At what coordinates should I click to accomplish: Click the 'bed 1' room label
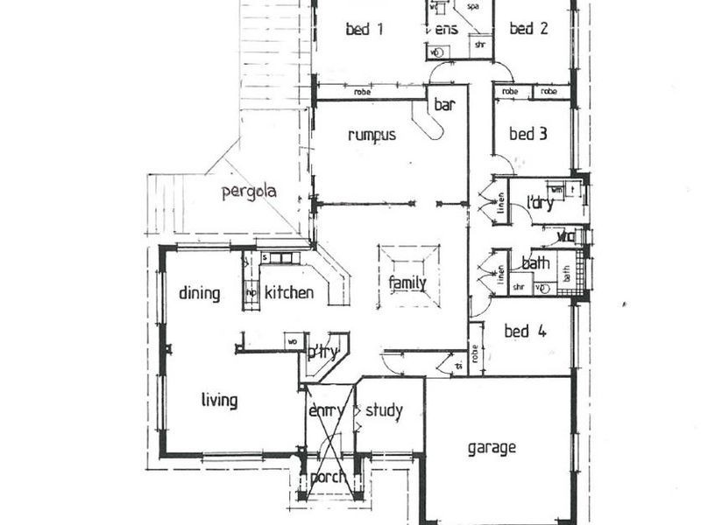(365, 30)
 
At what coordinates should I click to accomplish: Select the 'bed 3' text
(528, 135)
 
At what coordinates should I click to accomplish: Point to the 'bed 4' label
(526, 332)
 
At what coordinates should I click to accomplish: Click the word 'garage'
(491, 448)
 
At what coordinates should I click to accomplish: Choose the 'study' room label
(384, 410)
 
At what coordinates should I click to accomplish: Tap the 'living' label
(219, 401)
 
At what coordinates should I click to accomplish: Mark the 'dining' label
(200, 293)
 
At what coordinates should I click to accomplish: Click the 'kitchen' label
(288, 293)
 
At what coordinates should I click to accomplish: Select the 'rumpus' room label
(372, 136)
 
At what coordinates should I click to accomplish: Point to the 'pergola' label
(249, 192)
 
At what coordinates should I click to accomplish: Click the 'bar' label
(445, 105)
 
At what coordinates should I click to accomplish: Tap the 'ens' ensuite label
(446, 30)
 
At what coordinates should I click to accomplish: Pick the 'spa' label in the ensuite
(473, 6)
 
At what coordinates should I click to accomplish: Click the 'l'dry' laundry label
(541, 204)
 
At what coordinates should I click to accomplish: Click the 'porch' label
(328, 479)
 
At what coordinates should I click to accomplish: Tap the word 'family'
(407, 283)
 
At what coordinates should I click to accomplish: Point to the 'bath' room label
(535, 263)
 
